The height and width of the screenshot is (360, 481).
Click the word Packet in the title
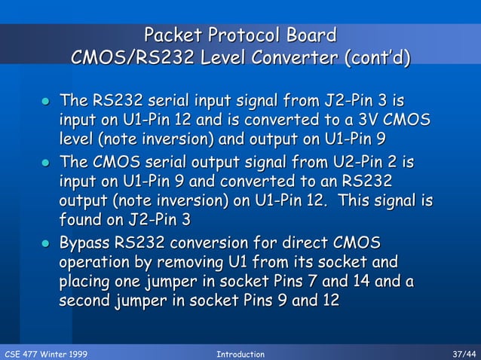(x=173, y=35)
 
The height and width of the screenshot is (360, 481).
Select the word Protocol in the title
(x=243, y=35)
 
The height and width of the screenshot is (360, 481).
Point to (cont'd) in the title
(x=376, y=58)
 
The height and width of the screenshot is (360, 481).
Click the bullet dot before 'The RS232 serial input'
(x=46, y=102)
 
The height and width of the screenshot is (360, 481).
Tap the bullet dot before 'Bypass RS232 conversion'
(x=46, y=244)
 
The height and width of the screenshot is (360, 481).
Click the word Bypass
(x=85, y=243)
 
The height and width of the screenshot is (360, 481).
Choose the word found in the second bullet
(x=79, y=221)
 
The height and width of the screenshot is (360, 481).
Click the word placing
(x=87, y=282)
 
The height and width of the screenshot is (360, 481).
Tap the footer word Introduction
(x=240, y=353)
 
